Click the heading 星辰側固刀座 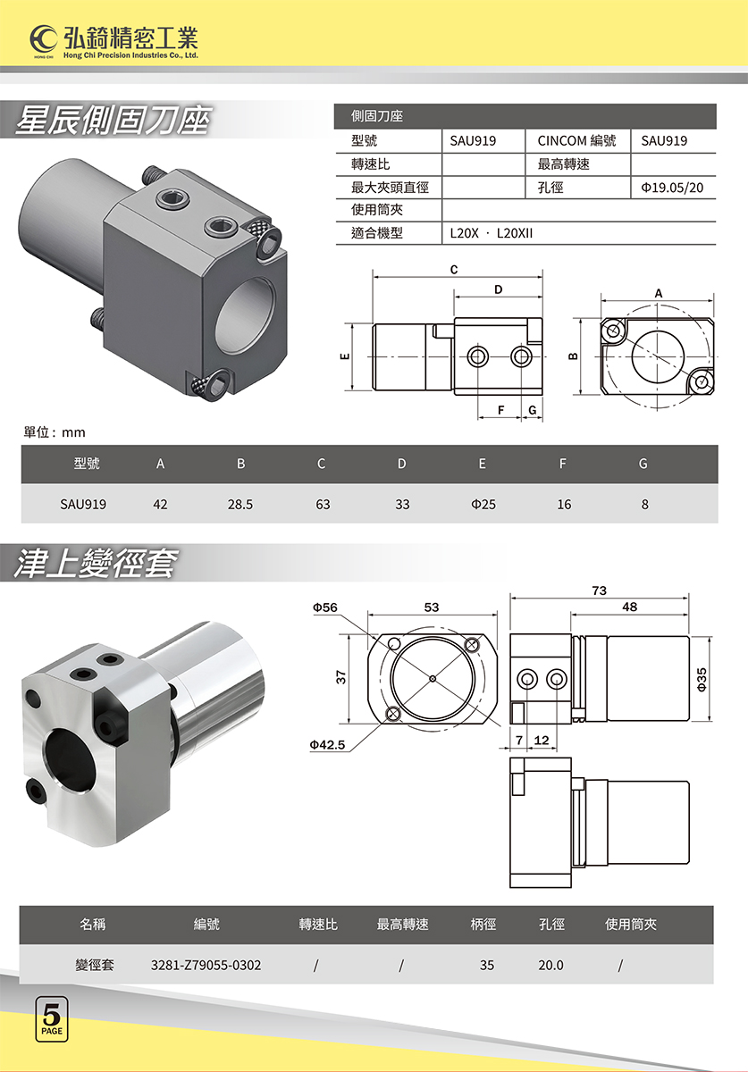(x=113, y=120)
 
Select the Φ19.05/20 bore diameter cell (x=672, y=188)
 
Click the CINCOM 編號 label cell (x=576, y=141)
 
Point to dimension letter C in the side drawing (x=454, y=270)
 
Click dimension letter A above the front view (x=659, y=293)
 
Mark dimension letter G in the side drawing (x=532, y=410)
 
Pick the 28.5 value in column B (x=240, y=505)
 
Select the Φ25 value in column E (x=483, y=505)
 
